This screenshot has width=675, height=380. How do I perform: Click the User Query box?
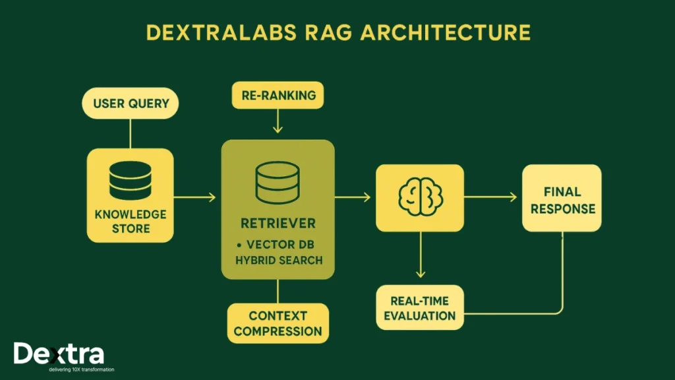(x=131, y=104)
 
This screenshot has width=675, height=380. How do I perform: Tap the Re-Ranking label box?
(x=278, y=95)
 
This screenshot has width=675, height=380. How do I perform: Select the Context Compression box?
(x=278, y=323)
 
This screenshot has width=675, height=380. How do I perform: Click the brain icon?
(x=419, y=197)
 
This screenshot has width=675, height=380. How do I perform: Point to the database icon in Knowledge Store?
(x=131, y=179)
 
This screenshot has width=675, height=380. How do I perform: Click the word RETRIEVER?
(x=278, y=222)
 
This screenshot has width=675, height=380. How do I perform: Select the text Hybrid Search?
(x=279, y=260)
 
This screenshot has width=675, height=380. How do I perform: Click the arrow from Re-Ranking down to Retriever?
(x=278, y=122)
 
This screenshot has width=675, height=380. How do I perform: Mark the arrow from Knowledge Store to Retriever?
(x=196, y=197)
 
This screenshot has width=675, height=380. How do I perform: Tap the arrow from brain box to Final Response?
(x=491, y=196)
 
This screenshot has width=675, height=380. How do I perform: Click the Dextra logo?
(x=59, y=354)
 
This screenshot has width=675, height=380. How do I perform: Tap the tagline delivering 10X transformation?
(x=81, y=369)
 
